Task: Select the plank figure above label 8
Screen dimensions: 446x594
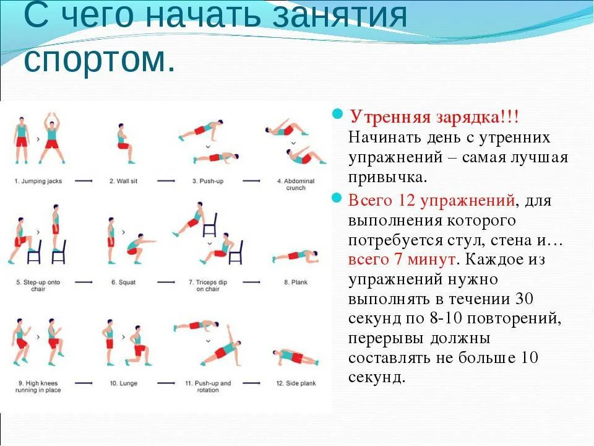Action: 296,255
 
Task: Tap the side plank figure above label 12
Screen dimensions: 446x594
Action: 295,356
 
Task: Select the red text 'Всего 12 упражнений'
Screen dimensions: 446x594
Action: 432,200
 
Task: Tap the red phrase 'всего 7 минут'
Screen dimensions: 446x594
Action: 403,258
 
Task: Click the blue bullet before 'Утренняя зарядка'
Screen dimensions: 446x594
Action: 338,115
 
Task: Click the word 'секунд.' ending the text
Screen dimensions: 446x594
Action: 377,377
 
